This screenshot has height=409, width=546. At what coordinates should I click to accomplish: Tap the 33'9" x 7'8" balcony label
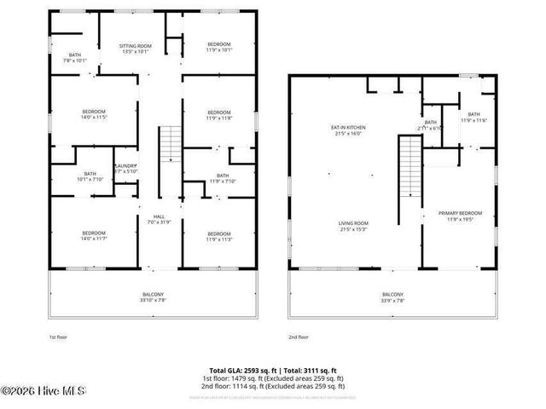(393, 297)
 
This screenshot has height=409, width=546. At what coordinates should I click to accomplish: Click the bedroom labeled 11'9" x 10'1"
(219, 47)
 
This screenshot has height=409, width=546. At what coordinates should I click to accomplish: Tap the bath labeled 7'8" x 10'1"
(75, 58)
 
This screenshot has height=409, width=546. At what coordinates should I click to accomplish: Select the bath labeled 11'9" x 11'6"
(473, 117)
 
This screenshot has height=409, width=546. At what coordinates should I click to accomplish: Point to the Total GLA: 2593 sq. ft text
(234, 370)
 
